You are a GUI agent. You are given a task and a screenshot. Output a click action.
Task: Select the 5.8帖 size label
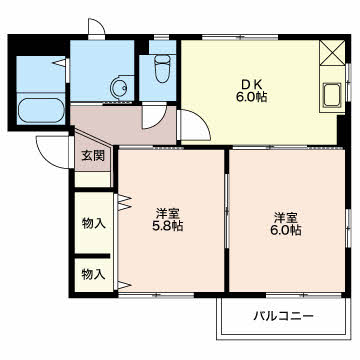pyautogui.click(x=168, y=226)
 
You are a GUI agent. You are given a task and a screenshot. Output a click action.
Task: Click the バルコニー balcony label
pyautogui.click(x=283, y=315)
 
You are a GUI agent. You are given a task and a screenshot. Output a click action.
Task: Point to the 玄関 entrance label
pyautogui.click(x=94, y=156)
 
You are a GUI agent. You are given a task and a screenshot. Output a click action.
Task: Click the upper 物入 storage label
pyautogui.click(x=94, y=223)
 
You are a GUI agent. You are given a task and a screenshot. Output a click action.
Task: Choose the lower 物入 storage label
pyautogui.click(x=94, y=275)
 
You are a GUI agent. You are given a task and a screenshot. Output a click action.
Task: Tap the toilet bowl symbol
pyautogui.click(x=163, y=68)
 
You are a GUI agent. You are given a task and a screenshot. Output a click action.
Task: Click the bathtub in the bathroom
pyautogui.click(x=41, y=111)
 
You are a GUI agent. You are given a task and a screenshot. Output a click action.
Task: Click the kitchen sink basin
pyautogui.click(x=332, y=95)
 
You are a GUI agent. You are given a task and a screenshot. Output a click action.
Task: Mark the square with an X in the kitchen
pyautogui.click(x=332, y=53)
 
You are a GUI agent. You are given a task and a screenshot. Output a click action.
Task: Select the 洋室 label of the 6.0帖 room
pyautogui.click(x=286, y=218)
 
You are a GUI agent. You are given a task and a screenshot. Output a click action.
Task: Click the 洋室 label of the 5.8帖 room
pyautogui.click(x=168, y=214)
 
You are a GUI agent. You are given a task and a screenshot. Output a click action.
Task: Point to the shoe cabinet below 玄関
pyautogui.click(x=93, y=180)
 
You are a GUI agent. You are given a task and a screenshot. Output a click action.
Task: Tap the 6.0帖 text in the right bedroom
pyautogui.click(x=286, y=230)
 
